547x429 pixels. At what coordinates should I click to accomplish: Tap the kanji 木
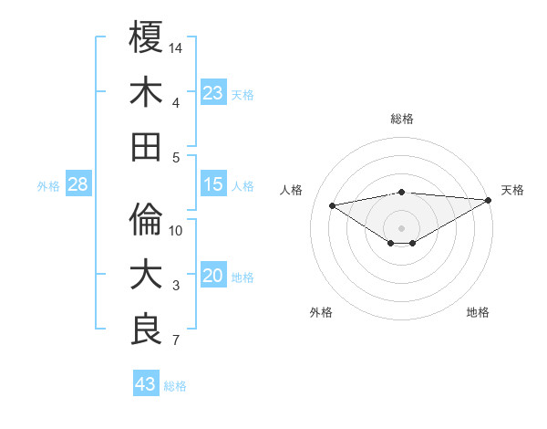(x=146, y=92)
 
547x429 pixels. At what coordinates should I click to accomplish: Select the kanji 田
(x=146, y=147)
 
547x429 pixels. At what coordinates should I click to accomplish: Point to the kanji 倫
(x=146, y=220)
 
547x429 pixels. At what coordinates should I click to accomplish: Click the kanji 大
(x=146, y=275)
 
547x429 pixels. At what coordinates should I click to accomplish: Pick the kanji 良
(x=146, y=330)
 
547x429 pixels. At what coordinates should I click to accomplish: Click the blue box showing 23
(x=213, y=93)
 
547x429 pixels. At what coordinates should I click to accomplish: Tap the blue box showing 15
(x=213, y=185)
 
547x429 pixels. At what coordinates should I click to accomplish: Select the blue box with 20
(x=213, y=277)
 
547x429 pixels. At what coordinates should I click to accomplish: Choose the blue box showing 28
(x=78, y=185)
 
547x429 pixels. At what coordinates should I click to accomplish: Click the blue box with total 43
(x=146, y=384)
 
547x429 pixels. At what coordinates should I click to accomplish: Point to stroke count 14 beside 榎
(x=177, y=47)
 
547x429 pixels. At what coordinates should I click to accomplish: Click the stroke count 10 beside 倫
(x=177, y=231)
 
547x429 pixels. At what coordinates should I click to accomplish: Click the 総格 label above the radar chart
(x=401, y=119)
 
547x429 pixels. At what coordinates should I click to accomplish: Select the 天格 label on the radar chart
(x=512, y=190)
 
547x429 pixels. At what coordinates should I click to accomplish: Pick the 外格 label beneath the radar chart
(x=321, y=312)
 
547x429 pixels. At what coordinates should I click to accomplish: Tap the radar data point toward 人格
(x=332, y=204)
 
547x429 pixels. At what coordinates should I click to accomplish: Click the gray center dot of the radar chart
(x=401, y=226)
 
